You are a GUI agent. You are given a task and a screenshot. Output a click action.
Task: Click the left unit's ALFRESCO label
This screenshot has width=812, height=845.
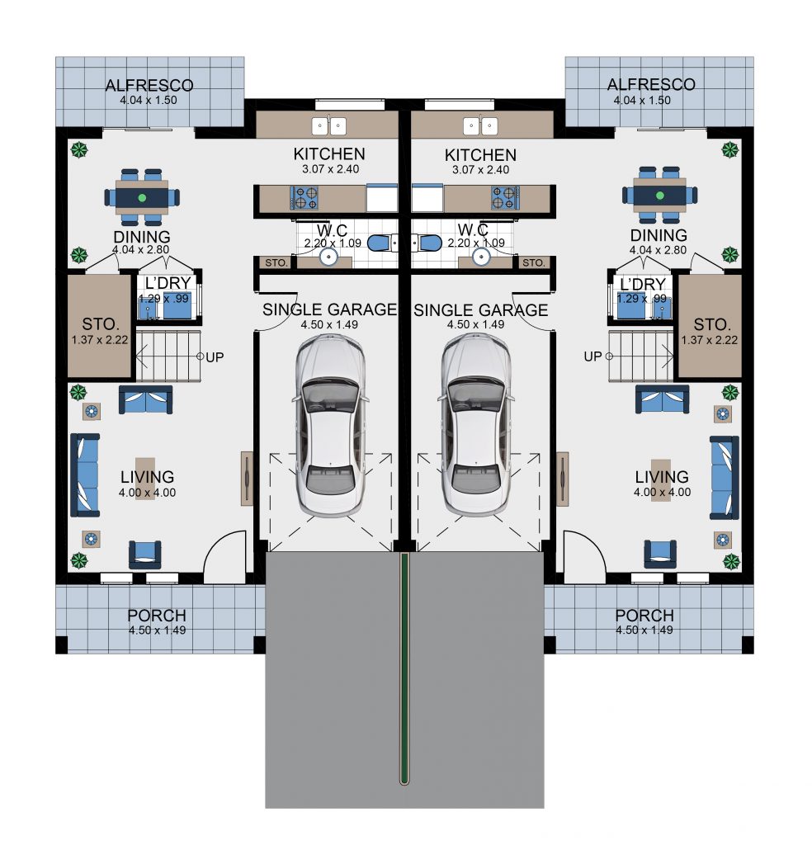pos(149,85)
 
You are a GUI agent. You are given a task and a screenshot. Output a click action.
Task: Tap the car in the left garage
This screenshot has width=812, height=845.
pos(330,425)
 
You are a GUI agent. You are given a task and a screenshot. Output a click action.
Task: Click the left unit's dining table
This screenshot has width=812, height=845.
pos(142,197)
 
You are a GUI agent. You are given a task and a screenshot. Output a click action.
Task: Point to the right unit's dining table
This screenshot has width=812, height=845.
pos(659,195)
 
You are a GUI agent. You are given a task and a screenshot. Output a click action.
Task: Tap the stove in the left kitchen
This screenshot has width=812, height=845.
pos(304,198)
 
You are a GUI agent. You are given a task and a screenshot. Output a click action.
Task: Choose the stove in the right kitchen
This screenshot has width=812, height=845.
pos(505,198)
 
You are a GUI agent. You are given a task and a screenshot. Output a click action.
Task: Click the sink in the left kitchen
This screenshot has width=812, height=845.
pos(329,126)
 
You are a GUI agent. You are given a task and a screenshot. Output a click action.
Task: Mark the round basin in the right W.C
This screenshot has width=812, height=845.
pos(480,257)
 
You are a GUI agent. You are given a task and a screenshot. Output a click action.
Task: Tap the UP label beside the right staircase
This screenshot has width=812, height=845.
pos(592,356)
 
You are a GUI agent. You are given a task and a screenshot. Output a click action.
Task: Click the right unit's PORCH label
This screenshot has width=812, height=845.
pos(644,616)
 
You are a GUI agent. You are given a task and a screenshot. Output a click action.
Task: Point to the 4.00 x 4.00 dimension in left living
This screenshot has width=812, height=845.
pos(147,493)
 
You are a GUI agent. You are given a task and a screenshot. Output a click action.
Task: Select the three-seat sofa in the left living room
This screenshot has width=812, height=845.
pos(85,475)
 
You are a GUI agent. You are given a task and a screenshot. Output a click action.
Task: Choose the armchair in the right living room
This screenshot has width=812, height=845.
pos(660,554)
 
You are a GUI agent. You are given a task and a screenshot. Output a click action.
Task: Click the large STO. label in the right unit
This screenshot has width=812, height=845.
pos(712,324)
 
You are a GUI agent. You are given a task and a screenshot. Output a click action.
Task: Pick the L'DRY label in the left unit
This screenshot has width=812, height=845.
pos(168,283)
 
